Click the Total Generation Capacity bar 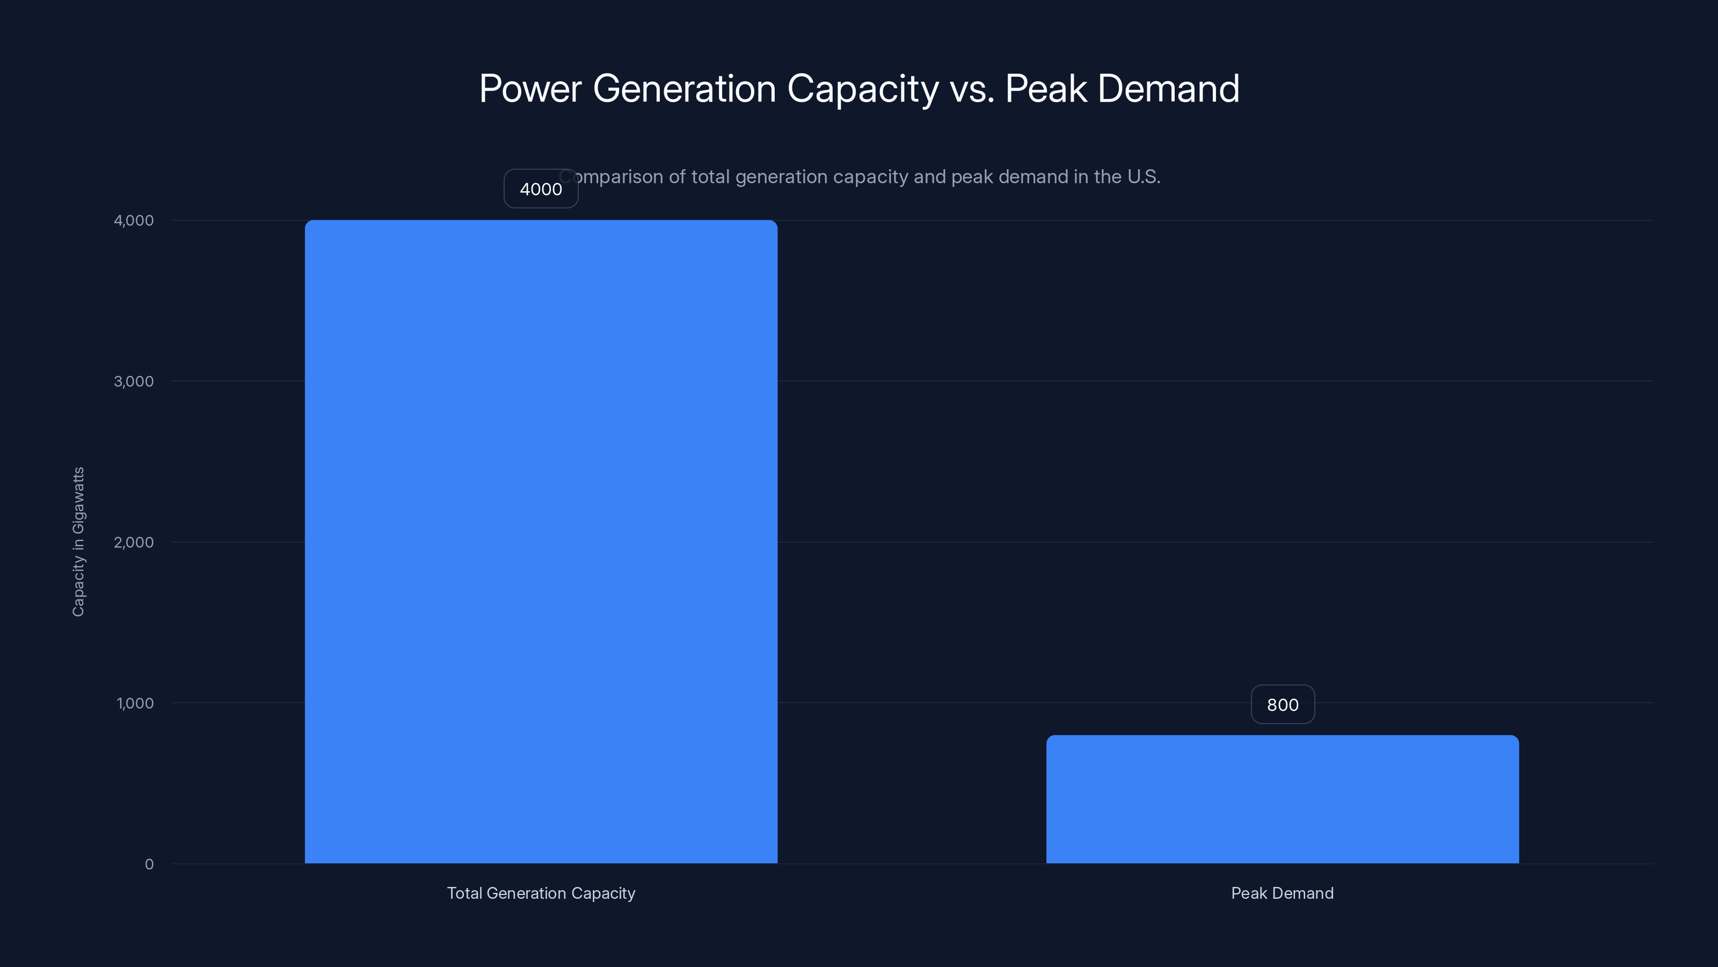pyautogui.click(x=541, y=541)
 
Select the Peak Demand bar pyautogui.click(x=1282, y=799)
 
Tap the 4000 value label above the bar pyautogui.click(x=540, y=189)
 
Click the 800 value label pyautogui.click(x=1282, y=705)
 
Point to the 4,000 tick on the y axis pyautogui.click(x=133, y=220)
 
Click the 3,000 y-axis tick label pyautogui.click(x=133, y=381)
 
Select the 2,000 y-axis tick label pyautogui.click(x=133, y=542)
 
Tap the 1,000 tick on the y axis pyautogui.click(x=135, y=703)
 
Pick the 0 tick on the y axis pyautogui.click(x=149, y=864)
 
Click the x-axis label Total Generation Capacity pyautogui.click(x=541, y=893)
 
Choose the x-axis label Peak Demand pyautogui.click(x=1282, y=893)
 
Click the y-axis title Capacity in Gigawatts pyautogui.click(x=78, y=541)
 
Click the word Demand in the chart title pyautogui.click(x=1168, y=89)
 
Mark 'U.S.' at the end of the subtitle pyautogui.click(x=1143, y=177)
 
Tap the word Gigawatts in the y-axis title pyautogui.click(x=78, y=501)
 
